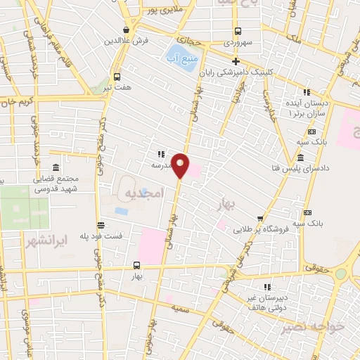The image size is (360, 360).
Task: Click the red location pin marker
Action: pos(181,165)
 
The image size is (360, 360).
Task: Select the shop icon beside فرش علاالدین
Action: pos(126,30)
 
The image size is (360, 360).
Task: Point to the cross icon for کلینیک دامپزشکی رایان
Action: pos(236,62)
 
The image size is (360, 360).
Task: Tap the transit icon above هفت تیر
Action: pos(117,77)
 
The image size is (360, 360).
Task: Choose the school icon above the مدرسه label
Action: pos(161,154)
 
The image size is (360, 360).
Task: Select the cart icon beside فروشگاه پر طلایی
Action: pos(260,218)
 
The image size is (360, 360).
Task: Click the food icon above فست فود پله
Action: pos(101,225)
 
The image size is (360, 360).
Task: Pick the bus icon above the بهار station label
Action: pos(136,266)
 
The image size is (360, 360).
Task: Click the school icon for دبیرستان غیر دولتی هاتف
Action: pos(266,286)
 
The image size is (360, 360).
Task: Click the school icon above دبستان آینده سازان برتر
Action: pos(307,92)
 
